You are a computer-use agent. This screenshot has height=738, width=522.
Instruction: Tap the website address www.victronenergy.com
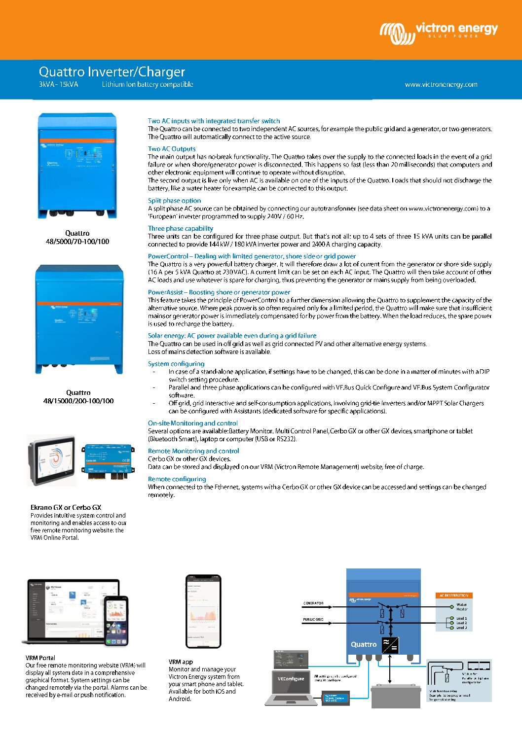[441, 84]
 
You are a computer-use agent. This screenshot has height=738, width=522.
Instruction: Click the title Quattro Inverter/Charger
[112, 72]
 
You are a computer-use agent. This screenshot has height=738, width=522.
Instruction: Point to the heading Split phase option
[174, 201]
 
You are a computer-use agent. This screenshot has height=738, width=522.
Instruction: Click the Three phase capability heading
[181, 228]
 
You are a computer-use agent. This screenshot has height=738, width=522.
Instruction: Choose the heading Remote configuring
[177, 479]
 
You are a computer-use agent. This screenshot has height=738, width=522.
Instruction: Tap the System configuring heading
[176, 364]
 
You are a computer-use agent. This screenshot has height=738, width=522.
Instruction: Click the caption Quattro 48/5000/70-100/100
[77, 237]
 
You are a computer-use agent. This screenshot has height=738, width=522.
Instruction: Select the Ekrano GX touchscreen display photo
[52, 459]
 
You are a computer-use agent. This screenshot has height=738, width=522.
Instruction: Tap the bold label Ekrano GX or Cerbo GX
[66, 507]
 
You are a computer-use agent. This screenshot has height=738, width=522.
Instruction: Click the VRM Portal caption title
[40, 658]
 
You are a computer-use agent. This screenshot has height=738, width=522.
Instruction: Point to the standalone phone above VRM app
[203, 611]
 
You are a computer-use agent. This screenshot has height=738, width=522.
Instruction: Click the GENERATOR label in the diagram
[313, 603]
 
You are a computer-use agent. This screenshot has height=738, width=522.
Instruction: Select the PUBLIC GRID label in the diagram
[313, 619]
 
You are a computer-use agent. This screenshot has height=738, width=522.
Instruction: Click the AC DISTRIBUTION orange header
[454, 596]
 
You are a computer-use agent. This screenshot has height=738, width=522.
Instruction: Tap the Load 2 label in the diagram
[461, 623]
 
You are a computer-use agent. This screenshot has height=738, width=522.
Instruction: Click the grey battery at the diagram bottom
[396, 696]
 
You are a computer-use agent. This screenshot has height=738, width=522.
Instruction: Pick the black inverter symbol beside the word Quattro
[390, 645]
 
